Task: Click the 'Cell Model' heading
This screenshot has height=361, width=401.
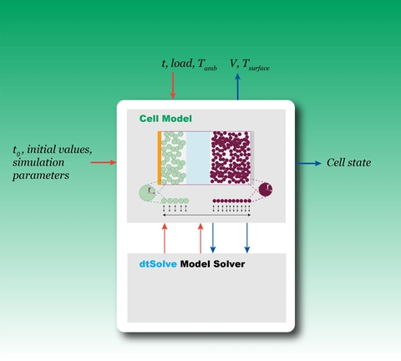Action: tap(165, 119)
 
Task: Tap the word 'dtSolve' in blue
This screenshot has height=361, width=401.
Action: tap(158, 264)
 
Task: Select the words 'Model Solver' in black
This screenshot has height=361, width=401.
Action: tap(212, 264)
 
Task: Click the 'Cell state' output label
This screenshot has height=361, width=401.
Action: tap(348, 163)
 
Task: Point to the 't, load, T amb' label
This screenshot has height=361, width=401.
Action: tap(189, 64)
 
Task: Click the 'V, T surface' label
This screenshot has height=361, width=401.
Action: tap(250, 64)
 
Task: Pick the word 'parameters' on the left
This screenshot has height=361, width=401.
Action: tap(41, 175)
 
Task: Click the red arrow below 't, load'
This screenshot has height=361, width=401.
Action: tap(173, 85)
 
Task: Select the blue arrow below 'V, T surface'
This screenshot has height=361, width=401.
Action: tap(237, 87)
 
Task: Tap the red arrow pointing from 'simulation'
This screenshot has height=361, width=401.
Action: tap(104, 162)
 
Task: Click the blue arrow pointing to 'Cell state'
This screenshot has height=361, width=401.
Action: tap(308, 163)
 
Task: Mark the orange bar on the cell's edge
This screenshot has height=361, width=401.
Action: tap(160, 158)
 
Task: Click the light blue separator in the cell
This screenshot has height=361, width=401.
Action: tap(198, 158)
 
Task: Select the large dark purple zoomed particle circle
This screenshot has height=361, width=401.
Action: tap(266, 190)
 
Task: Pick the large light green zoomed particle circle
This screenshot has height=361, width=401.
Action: tap(147, 193)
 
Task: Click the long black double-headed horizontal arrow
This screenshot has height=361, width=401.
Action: tap(206, 215)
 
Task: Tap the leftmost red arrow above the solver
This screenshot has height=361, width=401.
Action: tap(165, 238)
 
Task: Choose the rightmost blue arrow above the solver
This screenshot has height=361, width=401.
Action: tap(247, 237)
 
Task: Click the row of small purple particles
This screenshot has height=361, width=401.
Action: tap(231, 201)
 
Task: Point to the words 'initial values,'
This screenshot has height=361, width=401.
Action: tap(59, 150)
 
